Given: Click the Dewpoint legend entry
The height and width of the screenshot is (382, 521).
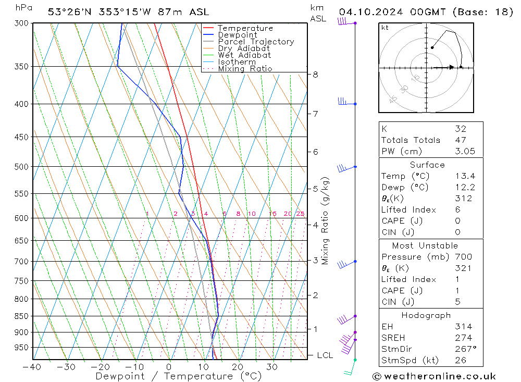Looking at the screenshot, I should (x=237, y=35).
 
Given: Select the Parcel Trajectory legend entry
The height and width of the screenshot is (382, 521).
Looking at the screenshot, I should (x=255, y=42).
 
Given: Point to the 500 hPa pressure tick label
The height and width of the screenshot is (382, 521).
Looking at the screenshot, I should (x=21, y=167).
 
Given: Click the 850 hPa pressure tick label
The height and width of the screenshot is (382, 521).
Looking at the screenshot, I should (x=21, y=316).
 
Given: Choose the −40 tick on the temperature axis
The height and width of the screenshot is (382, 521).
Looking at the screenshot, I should (x=32, y=367).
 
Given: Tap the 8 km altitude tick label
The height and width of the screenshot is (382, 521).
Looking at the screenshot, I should (x=315, y=75).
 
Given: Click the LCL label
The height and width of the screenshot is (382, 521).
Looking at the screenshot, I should (x=325, y=355).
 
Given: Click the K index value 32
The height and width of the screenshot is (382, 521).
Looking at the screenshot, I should (x=460, y=129).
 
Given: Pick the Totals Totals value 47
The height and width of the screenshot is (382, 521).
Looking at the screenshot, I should (x=460, y=140).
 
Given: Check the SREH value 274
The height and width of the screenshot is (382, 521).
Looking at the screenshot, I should (x=462, y=338).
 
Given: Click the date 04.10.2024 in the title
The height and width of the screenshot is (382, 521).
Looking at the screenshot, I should (x=369, y=12).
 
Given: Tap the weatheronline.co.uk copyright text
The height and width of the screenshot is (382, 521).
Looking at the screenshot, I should (x=434, y=376).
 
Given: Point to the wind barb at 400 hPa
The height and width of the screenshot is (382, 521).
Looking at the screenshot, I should (x=344, y=102).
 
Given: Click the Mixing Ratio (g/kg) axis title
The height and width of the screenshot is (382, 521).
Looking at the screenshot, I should (x=325, y=221).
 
